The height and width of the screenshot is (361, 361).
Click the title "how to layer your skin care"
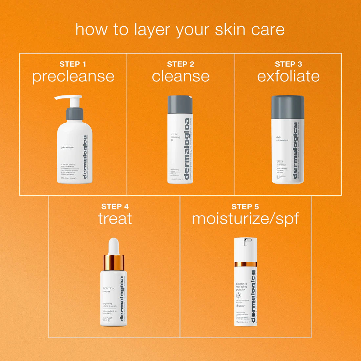coord(180,30)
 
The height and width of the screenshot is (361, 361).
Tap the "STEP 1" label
coord(73,64)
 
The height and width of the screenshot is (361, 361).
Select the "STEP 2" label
coord(180,64)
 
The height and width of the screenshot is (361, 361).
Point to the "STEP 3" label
coord(288,64)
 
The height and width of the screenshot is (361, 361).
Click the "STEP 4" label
coord(115,206)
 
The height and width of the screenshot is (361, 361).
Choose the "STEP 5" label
coord(245,206)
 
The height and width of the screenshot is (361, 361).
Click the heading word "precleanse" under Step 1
coord(73,76)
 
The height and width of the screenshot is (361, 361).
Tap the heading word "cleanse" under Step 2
coord(180,76)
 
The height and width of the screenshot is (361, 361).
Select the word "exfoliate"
coord(288,76)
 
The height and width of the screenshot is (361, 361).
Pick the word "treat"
coord(115,219)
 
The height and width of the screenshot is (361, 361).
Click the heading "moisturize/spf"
coord(245,219)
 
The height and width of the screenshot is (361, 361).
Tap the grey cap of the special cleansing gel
coord(180,104)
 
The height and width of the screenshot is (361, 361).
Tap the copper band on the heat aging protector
coord(245,264)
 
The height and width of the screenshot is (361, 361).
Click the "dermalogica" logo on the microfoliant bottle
coord(295,151)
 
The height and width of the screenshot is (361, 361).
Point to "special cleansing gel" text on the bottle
coord(175,137)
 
